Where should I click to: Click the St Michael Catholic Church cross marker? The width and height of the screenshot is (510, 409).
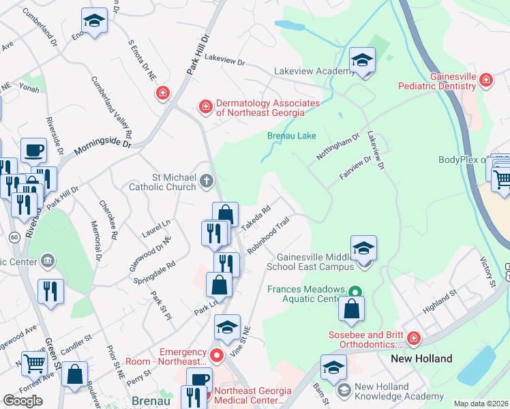(207, 181)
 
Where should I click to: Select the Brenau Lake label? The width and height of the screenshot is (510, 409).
(291, 136)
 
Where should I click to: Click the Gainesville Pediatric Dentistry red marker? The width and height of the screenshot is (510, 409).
(485, 80)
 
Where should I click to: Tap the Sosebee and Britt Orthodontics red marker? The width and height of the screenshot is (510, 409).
(412, 339)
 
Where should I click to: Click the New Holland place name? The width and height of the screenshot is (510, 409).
(421, 359)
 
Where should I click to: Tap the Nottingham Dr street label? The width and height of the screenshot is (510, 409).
(337, 148)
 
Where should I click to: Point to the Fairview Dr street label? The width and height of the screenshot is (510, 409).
(356, 168)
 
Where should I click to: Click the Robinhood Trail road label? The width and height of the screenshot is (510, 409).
(269, 235)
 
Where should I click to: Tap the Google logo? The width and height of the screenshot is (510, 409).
(22, 401)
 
